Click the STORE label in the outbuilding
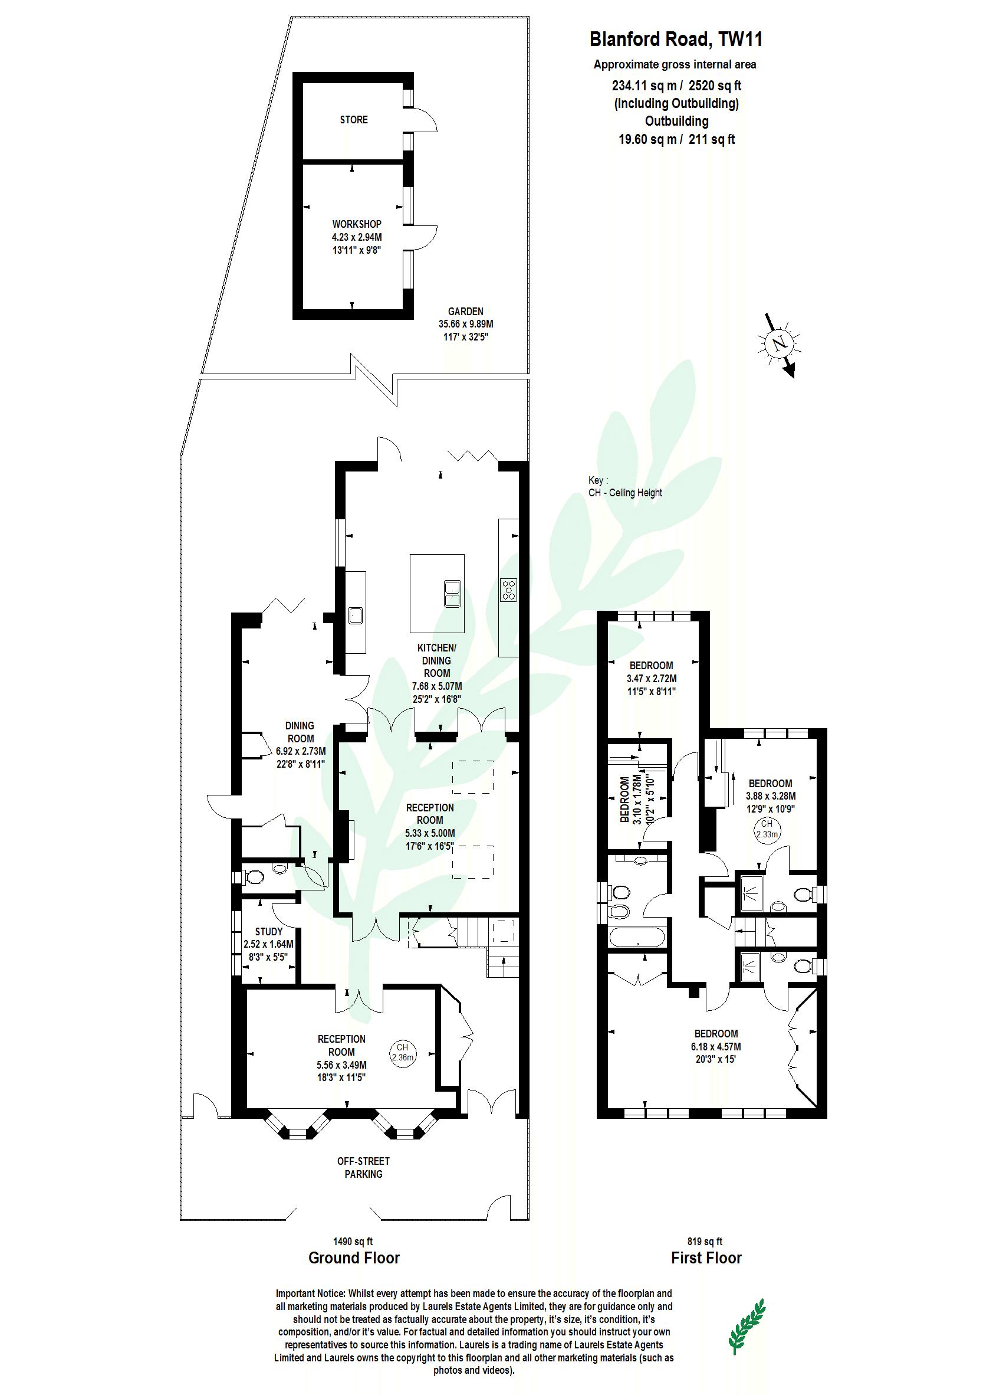click(354, 120)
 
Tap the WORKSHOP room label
click(357, 225)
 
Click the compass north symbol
click(779, 343)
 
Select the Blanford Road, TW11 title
click(676, 40)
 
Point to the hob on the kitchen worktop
click(509, 590)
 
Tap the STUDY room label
click(269, 932)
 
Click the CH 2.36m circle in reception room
click(402, 1052)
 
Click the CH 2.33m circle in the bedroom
click(767, 829)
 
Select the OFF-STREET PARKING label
click(363, 1167)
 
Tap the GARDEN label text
click(465, 312)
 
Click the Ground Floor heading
click(354, 1258)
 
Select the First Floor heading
click(706, 1258)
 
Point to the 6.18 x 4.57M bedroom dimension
click(716, 1047)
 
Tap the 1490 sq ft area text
click(353, 1242)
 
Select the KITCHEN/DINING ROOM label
click(436, 660)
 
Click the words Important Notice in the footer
click(311, 1294)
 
